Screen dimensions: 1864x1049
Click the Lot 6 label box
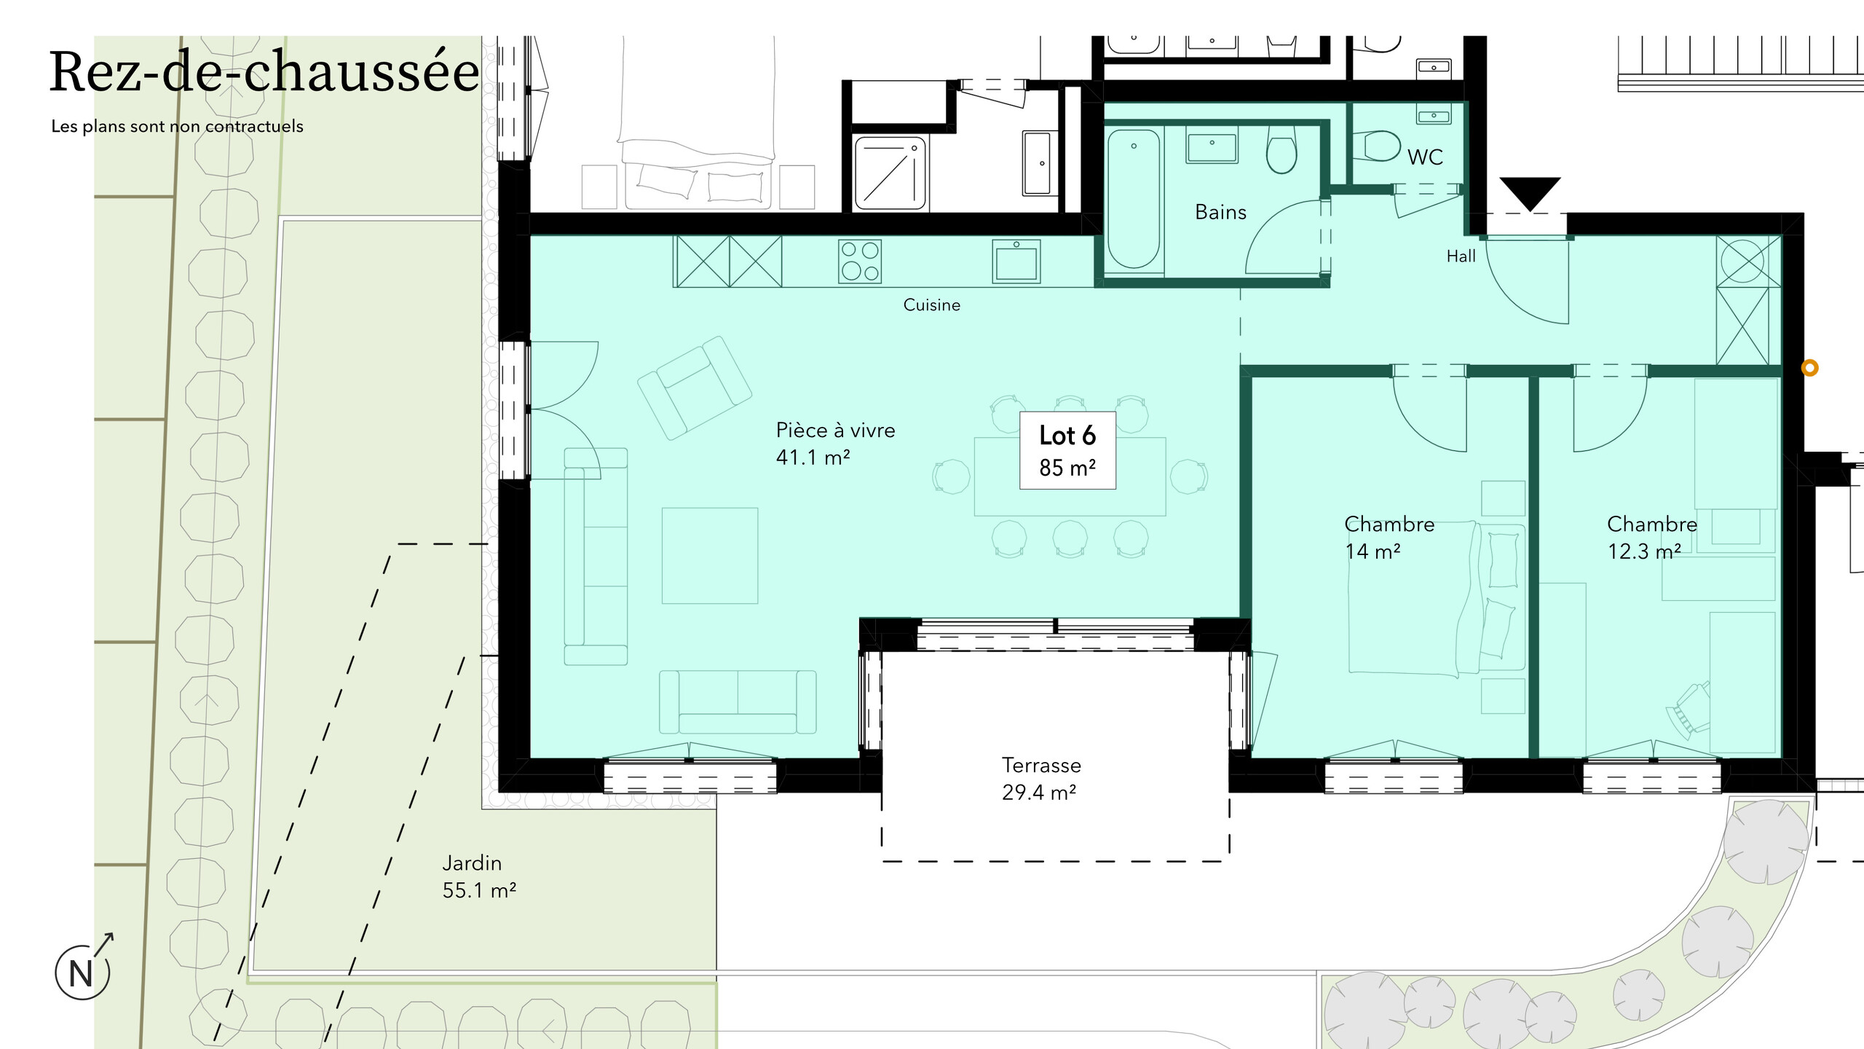point(1067,450)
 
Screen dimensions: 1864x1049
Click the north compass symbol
point(84,969)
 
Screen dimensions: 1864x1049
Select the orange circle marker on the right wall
point(1810,368)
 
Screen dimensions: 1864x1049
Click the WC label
point(1425,157)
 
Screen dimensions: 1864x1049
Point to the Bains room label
point(1220,212)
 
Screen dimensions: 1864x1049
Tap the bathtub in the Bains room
point(1134,200)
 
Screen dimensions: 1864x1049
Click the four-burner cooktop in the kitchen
point(860,261)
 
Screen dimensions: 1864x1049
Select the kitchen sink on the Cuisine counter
point(1016,261)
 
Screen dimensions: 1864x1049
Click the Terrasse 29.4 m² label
point(1040,779)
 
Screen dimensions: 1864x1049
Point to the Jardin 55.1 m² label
point(479,876)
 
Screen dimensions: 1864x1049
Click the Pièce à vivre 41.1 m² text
point(835,444)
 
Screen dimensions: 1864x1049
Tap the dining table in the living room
point(1070,476)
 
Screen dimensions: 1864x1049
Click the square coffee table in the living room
point(710,556)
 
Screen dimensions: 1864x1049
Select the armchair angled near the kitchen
point(694,388)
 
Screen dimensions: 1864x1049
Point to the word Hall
point(1461,256)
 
